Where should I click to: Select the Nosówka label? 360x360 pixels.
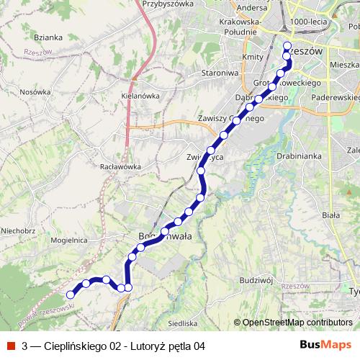35,91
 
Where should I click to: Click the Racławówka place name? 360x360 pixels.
120,166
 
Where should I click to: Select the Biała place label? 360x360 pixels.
330,215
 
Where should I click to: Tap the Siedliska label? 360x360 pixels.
181,324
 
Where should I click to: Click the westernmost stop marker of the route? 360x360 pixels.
71,294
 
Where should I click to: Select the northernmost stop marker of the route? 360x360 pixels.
287,45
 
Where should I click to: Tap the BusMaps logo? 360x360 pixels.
325,345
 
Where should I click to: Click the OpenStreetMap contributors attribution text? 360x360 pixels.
297,323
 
